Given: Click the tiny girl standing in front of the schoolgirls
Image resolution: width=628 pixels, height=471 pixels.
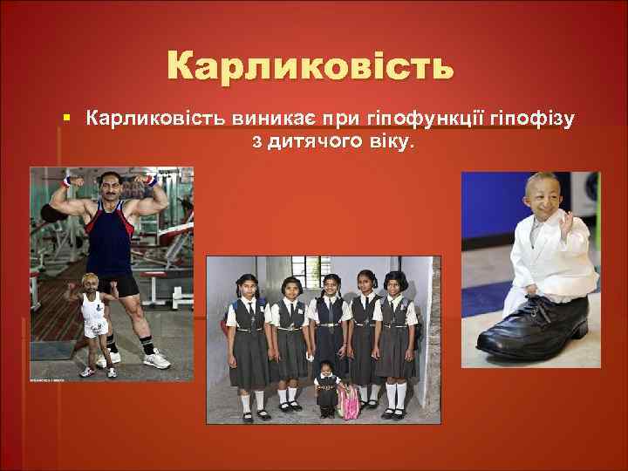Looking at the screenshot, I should point(328,389).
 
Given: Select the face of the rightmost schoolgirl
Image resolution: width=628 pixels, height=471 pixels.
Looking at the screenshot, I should point(398,283).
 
